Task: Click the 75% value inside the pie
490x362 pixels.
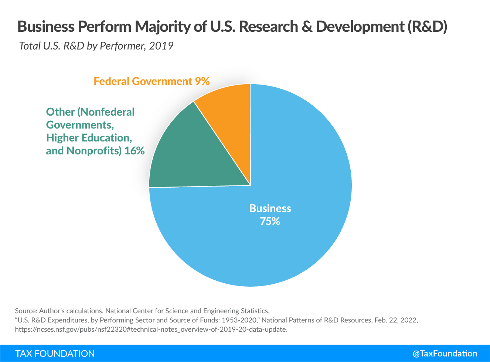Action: click(x=270, y=221)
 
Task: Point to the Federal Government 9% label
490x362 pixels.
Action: click(x=152, y=81)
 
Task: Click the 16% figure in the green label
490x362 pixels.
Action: click(x=135, y=151)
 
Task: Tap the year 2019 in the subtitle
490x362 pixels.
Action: click(x=161, y=46)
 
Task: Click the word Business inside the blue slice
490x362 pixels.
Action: click(x=270, y=208)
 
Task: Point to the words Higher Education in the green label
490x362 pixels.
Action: click(x=89, y=138)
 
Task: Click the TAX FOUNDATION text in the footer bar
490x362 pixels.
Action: click(x=55, y=354)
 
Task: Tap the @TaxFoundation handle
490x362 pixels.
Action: click(x=445, y=354)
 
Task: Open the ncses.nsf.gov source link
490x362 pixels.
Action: click(x=151, y=329)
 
